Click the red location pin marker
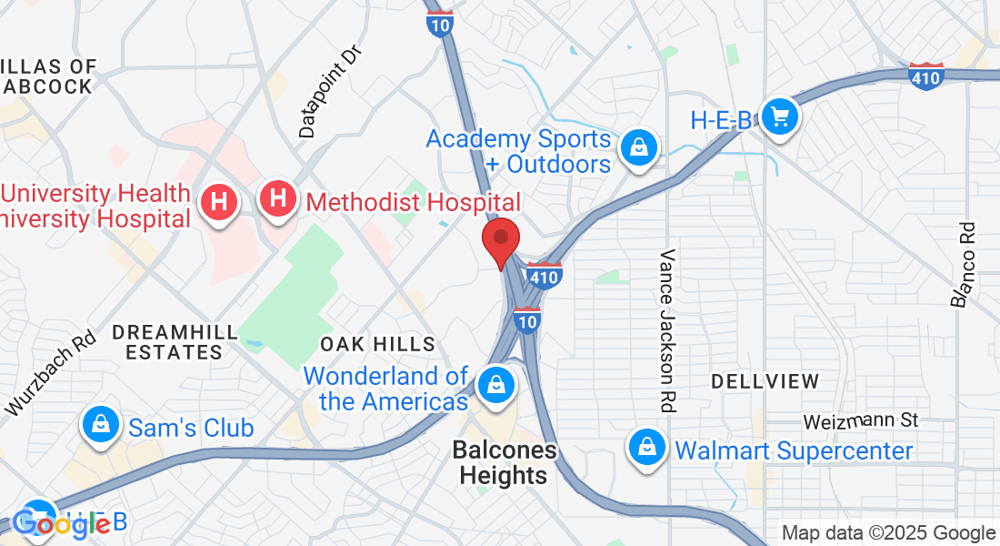[500, 240]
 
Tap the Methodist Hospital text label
[414, 202]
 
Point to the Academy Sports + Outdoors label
[518, 151]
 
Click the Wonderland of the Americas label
[385, 389]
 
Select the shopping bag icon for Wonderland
[496, 384]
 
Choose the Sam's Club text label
[191, 428]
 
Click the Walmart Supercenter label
[794, 450]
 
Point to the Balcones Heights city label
[504, 463]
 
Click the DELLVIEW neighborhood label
[765, 381]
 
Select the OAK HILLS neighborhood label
[378, 344]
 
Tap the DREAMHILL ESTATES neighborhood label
[175, 341]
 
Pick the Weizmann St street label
[861, 421]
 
